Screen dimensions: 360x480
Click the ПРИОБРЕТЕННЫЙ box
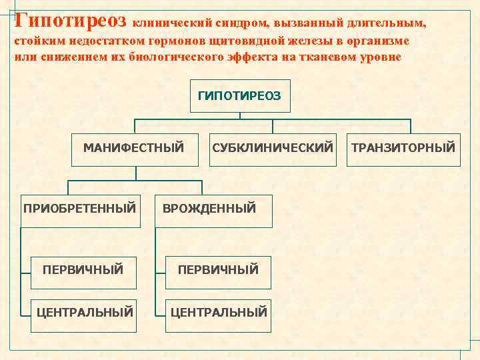point(79,208)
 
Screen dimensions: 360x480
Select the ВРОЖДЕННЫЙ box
point(209,208)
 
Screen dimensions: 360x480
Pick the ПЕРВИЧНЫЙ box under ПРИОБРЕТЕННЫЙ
point(83,269)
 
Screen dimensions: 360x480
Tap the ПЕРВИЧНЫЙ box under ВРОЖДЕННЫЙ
point(217,269)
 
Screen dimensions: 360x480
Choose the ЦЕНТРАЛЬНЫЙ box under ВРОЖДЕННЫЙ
point(219,311)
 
